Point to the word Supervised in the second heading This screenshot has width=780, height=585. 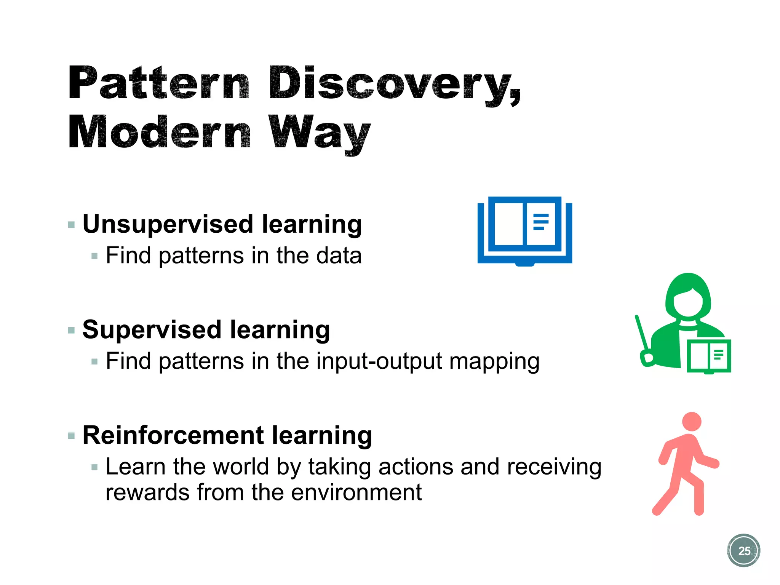tap(152, 329)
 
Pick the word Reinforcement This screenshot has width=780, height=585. tap(173, 435)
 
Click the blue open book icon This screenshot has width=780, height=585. tap(524, 230)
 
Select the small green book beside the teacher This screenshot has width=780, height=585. tap(709, 356)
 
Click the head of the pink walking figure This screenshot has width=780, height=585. tap(692, 422)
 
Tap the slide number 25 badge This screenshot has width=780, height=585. tap(743, 550)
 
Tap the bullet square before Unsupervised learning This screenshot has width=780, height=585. tap(71, 224)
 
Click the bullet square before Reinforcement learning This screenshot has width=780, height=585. tap(71, 436)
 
